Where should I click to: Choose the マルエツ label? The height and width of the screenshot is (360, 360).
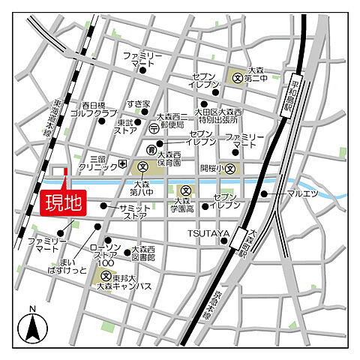click(x=303, y=193)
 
